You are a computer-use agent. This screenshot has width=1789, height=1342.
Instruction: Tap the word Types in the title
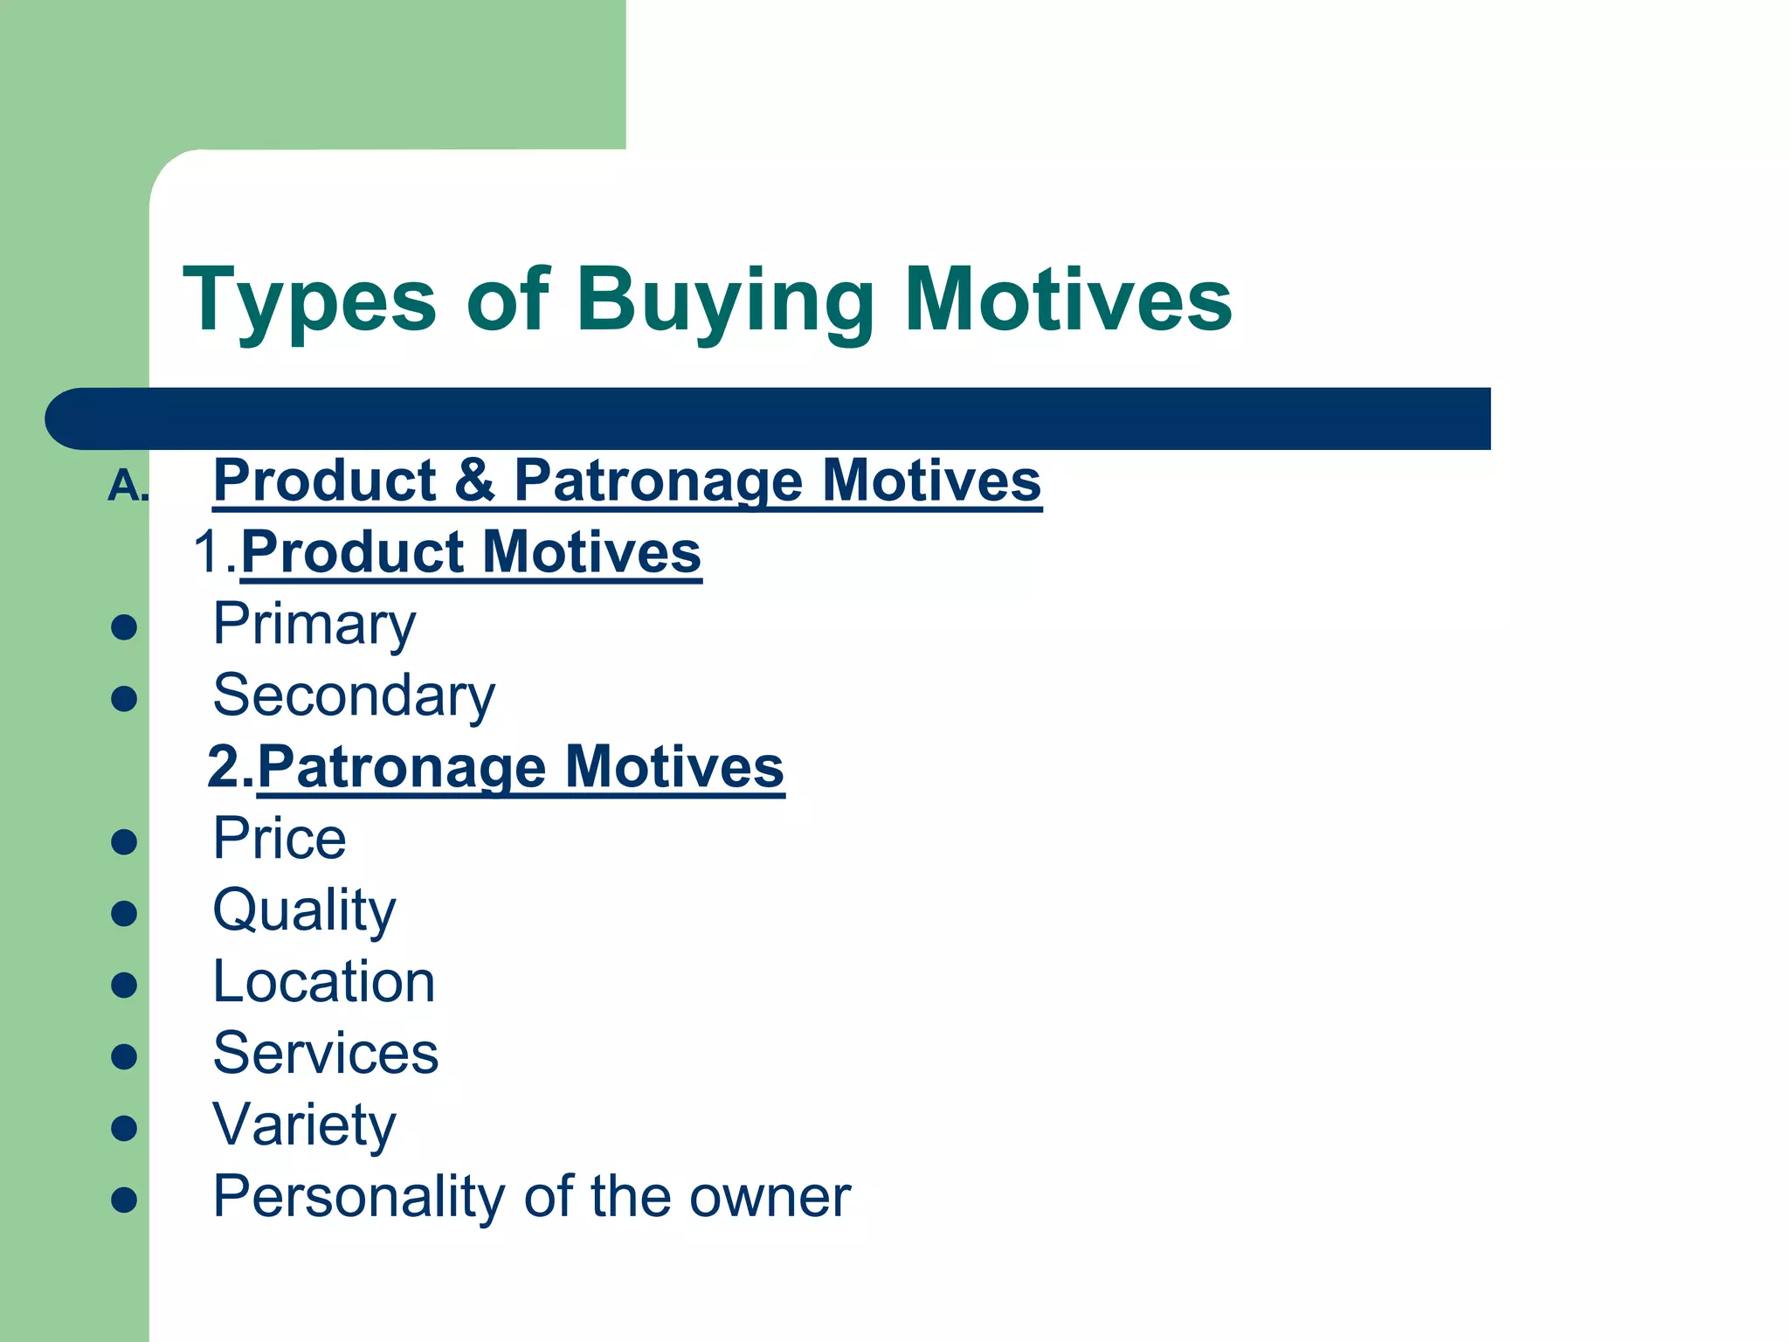click(309, 301)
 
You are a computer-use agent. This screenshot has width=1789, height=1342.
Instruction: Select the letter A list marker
click(126, 486)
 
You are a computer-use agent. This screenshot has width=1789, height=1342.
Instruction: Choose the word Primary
click(314, 625)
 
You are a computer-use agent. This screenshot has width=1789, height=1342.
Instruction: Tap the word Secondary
click(354, 696)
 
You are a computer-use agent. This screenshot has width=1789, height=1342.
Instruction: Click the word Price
click(280, 839)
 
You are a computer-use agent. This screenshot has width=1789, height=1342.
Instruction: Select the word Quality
click(304, 911)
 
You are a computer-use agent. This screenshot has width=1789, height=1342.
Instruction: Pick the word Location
click(324, 982)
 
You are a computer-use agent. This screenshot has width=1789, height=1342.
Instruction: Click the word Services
click(326, 1053)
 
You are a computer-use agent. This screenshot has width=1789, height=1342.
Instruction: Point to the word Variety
click(304, 1125)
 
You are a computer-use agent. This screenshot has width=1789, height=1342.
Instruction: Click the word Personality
click(359, 1197)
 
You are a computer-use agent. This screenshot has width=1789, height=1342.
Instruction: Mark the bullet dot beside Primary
click(124, 627)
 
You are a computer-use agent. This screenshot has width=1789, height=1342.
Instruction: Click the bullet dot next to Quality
click(124, 914)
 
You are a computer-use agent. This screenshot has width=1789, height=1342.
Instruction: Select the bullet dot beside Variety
click(124, 1128)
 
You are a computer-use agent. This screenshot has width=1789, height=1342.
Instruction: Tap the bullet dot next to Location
click(124, 986)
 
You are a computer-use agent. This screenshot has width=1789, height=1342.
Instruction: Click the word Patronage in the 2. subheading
click(402, 767)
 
